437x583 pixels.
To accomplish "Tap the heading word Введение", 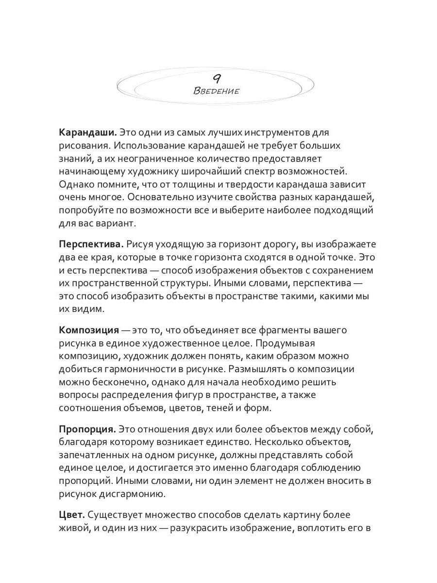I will pos(217,91).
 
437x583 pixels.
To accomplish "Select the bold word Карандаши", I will pos(88,132).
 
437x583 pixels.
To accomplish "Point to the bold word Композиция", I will pos(89,330).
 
